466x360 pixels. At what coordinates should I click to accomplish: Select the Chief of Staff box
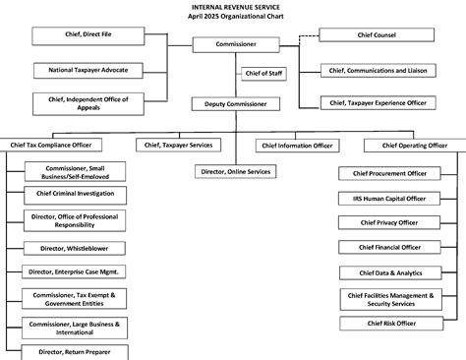coord(262,74)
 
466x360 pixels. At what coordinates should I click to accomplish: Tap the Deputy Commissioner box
coord(236,102)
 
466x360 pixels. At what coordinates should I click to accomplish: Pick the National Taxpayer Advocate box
coord(88,70)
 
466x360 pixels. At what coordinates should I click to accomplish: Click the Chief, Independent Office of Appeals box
coord(88,102)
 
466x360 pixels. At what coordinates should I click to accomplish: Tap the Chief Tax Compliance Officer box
coord(59,146)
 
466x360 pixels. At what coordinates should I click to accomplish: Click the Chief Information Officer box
coord(296,146)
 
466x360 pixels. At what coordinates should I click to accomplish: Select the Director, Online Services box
coord(236,172)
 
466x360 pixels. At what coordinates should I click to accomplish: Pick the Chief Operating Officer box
coord(405,146)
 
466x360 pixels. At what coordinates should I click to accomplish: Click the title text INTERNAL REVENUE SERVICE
coord(233,6)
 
